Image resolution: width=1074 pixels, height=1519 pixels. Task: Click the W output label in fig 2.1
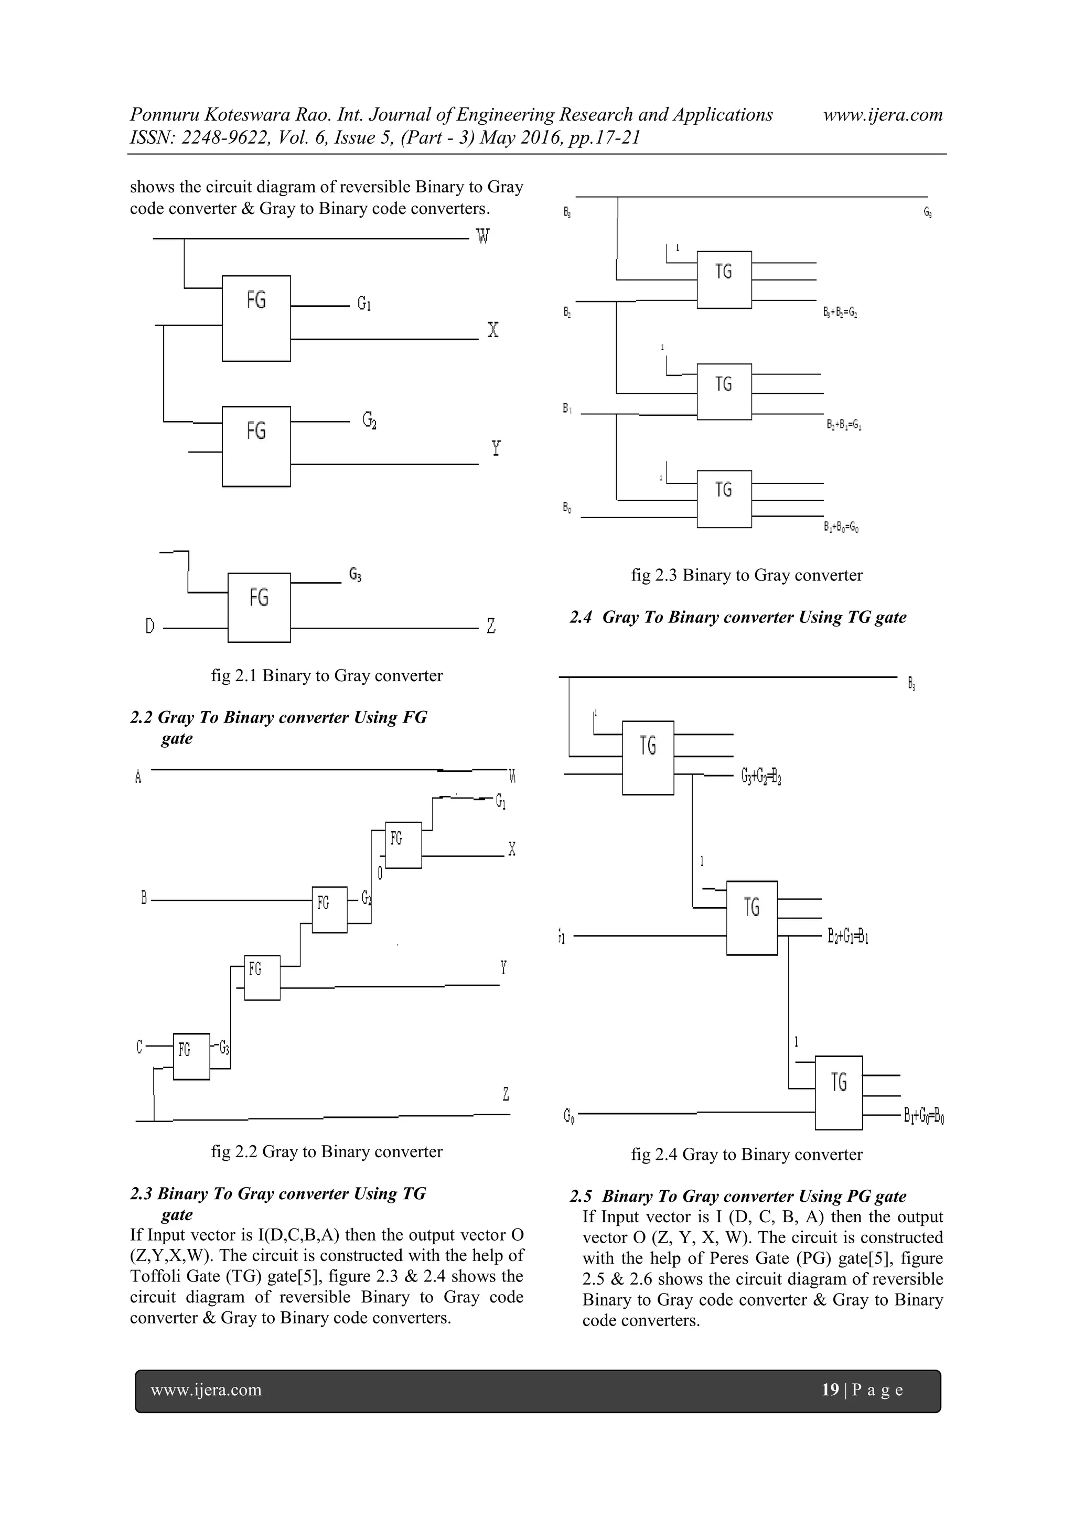483,236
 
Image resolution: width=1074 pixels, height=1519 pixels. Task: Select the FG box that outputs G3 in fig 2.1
259,607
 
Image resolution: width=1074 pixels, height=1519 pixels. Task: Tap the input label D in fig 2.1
150,626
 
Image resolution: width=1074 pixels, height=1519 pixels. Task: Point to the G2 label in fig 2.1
369,420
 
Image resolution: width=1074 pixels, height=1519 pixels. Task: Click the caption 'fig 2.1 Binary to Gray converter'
327,675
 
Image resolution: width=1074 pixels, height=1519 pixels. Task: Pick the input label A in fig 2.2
138,777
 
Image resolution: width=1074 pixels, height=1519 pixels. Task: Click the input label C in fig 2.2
139,1047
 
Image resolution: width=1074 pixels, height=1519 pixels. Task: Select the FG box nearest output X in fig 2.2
403,845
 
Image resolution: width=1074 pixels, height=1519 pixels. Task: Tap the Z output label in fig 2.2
506,1094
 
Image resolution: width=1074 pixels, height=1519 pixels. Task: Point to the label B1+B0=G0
841,527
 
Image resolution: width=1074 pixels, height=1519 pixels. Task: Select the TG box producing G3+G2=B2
648,758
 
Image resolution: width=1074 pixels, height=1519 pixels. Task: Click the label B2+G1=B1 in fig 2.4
847,937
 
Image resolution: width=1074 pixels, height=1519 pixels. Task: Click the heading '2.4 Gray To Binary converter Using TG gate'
738,617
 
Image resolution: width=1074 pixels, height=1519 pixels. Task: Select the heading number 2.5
581,1196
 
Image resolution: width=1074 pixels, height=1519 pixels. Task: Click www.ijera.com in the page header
883,114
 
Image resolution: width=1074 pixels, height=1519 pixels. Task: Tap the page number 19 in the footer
830,1389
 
